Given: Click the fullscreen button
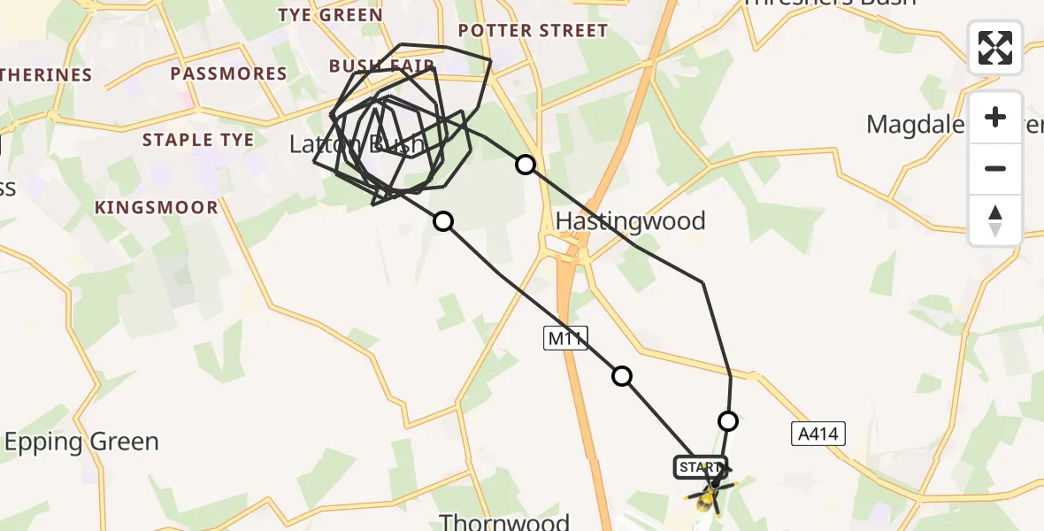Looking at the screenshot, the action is pyautogui.click(x=995, y=48).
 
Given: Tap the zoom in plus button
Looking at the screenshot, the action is pyautogui.click(x=995, y=117).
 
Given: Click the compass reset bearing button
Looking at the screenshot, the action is pyautogui.click(x=995, y=220).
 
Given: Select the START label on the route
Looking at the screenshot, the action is pyautogui.click(x=700, y=466).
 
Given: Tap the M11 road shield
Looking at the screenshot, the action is pyautogui.click(x=566, y=337).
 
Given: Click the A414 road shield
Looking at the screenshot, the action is pyautogui.click(x=818, y=434).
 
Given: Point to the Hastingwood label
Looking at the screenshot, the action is pyautogui.click(x=631, y=220).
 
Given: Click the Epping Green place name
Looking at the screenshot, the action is pyautogui.click(x=82, y=442).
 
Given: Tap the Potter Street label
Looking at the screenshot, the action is pyautogui.click(x=534, y=31).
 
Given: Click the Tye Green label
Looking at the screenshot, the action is pyautogui.click(x=331, y=15).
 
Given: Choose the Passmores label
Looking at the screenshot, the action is pyautogui.click(x=230, y=73).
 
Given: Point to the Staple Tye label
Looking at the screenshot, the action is pyautogui.click(x=198, y=140).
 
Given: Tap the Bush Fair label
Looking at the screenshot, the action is pyautogui.click(x=380, y=66).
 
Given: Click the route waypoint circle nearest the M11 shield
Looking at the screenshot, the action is pyautogui.click(x=622, y=376).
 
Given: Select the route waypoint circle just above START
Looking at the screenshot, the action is pyautogui.click(x=728, y=420).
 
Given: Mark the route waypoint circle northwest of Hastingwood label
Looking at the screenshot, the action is pyautogui.click(x=526, y=165).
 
